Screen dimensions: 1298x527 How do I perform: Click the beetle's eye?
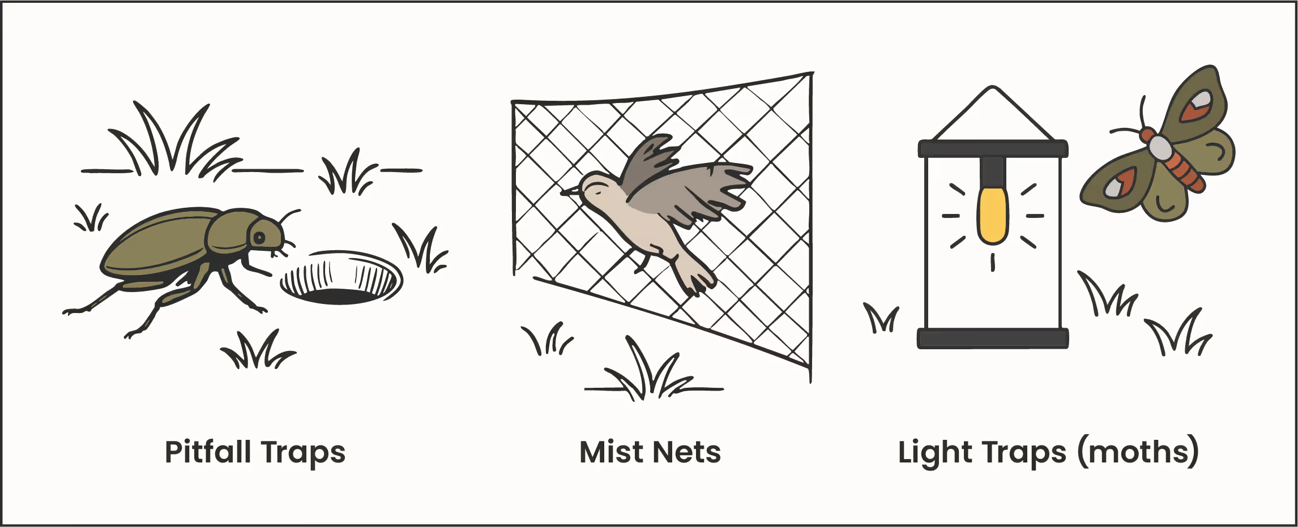pos(258,237)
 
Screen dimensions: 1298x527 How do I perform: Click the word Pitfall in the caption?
pos(208,452)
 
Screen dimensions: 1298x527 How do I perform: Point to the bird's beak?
pos(567,192)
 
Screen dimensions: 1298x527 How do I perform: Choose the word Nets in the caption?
pos(686,452)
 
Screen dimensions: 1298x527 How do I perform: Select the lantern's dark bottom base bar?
pos(992,338)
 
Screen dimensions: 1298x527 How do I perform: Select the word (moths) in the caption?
pos(1138,452)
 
